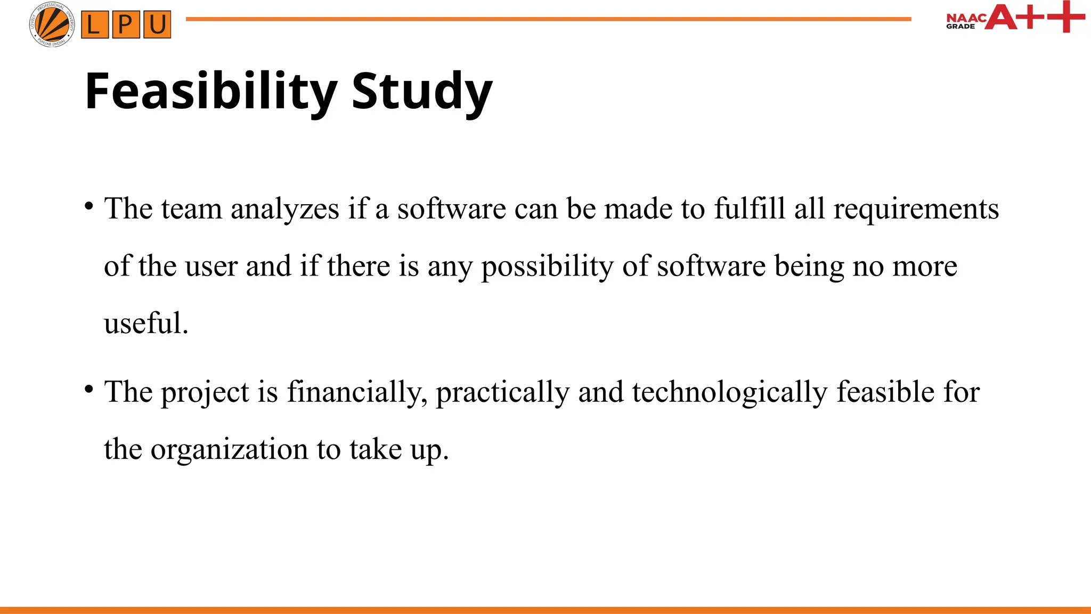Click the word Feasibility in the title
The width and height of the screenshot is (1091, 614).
[211, 92]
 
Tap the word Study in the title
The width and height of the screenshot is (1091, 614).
[422, 92]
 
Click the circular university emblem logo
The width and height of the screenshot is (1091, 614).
[52, 24]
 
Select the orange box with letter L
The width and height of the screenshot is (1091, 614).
[94, 25]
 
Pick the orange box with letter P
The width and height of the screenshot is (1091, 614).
[126, 25]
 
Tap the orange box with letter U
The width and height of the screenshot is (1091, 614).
[157, 25]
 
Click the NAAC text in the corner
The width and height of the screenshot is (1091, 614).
[966, 18]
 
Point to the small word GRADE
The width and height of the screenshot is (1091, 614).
[960, 26]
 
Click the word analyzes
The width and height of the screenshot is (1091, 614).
[285, 208]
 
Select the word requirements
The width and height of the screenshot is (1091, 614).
[916, 208]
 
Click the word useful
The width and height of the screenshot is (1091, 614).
[145, 324]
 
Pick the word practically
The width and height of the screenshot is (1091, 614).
[503, 392]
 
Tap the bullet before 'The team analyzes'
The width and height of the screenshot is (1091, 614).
[89, 205]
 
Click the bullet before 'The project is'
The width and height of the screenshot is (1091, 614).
[89, 389]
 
